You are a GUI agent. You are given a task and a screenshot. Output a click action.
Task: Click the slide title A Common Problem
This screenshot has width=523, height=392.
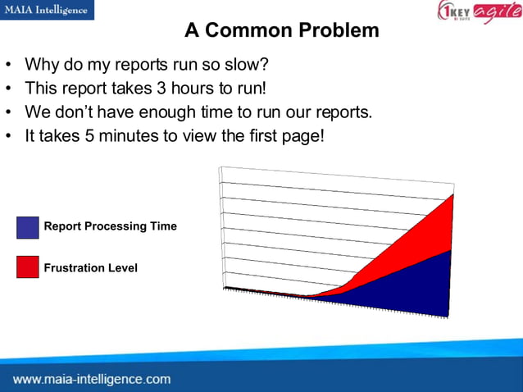tap(281, 31)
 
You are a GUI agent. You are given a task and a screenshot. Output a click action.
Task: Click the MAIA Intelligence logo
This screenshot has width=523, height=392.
tap(47, 10)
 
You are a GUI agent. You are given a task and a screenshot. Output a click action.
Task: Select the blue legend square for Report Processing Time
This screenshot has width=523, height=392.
tap(27, 227)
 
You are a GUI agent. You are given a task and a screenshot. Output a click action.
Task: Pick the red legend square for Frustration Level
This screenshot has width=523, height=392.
tap(27, 267)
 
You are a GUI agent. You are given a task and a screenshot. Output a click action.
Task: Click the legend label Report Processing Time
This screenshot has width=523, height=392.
tap(110, 226)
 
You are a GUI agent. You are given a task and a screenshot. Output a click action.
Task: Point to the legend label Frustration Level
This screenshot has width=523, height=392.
tap(90, 268)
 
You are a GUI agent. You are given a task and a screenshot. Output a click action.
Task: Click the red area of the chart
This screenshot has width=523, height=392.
tap(410, 238)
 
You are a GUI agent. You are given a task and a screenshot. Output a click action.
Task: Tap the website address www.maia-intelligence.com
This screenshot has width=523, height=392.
tap(92, 379)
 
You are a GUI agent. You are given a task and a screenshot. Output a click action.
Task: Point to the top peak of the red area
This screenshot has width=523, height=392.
tap(452, 195)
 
